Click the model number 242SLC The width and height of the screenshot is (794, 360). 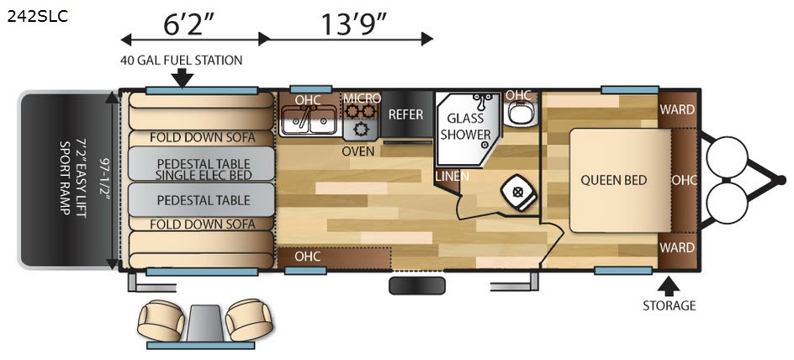37,17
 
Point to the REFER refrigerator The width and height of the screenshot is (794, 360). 406,114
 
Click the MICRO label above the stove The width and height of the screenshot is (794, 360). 362,98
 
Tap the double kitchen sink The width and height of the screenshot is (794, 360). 307,121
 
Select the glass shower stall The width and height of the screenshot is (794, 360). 465,129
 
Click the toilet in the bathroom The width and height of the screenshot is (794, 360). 518,193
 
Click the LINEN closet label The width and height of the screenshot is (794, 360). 452,176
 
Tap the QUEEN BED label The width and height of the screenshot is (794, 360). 613,180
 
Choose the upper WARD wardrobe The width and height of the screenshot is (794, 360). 677,109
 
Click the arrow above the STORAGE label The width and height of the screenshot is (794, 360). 670,286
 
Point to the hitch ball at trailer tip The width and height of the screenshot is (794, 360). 781,180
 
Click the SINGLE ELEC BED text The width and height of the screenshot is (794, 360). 203,175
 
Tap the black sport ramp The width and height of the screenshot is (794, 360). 66,180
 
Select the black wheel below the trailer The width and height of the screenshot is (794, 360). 416,286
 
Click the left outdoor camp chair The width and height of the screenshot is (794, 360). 161,320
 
